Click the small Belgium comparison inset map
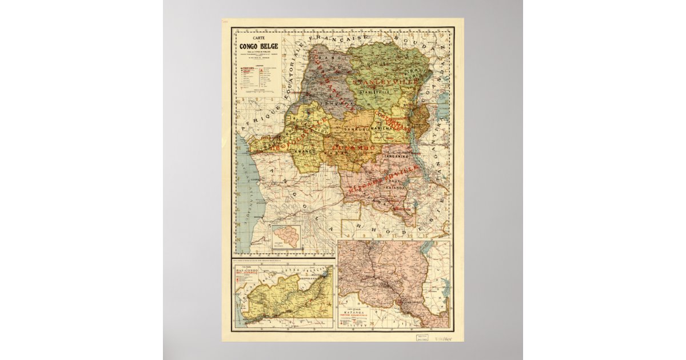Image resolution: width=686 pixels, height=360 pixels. (287, 238)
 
